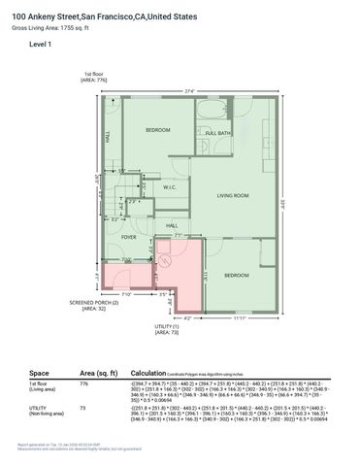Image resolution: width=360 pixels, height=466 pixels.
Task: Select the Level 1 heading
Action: (41, 46)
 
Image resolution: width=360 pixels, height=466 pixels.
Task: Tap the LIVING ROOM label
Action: (234, 195)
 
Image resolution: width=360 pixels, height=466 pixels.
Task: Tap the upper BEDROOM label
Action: (158, 130)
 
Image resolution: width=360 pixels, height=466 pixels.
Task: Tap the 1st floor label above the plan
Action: (94, 74)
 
